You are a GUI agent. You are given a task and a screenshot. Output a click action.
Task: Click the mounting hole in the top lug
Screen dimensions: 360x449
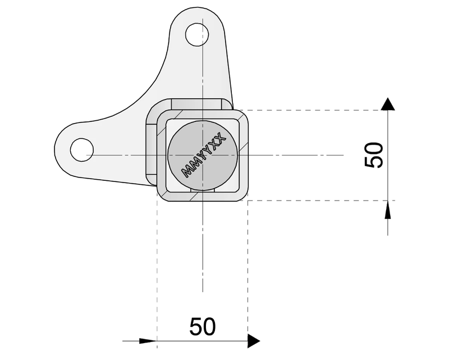(197, 34)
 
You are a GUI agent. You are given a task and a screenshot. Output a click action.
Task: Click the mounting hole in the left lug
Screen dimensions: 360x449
(81, 150)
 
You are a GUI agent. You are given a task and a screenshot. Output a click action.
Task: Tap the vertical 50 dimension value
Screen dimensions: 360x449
(374, 155)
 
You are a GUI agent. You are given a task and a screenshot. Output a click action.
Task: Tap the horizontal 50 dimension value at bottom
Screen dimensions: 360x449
(203, 327)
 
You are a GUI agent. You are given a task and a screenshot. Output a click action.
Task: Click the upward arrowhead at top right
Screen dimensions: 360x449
(388, 103)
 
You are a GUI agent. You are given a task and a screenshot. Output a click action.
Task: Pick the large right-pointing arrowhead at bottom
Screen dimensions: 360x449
(254, 340)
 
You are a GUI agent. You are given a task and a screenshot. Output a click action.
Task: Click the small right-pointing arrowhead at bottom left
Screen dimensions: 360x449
(148, 340)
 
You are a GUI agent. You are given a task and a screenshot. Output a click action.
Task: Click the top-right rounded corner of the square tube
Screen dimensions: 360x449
(244, 115)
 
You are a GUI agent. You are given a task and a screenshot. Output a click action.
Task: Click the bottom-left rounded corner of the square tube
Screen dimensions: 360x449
(162, 196)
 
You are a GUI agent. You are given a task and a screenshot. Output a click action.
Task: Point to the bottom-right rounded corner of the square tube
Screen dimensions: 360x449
(244, 196)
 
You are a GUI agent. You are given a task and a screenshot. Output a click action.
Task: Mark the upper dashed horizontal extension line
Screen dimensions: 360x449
(314, 110)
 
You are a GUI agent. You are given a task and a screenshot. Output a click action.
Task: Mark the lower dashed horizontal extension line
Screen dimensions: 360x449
(314, 200)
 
